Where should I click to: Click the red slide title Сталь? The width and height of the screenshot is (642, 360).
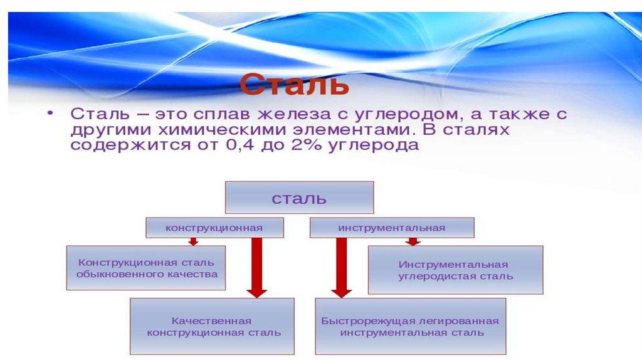pos(293,84)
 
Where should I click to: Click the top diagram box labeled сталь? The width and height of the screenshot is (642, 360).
pos(299,198)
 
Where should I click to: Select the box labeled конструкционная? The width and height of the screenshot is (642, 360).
pos(214,228)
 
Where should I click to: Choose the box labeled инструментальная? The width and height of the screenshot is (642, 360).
pos(392,228)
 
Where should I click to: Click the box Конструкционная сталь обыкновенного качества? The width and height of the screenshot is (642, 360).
pos(146,268)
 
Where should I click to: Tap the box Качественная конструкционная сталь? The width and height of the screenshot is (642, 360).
pos(212,326)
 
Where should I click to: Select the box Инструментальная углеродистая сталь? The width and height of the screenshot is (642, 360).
pos(455,270)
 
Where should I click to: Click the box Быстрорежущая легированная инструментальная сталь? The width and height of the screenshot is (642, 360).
pos(410,326)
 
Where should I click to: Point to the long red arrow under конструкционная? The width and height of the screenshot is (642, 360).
pos(256,267)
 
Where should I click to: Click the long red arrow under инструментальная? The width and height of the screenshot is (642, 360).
pos(341,267)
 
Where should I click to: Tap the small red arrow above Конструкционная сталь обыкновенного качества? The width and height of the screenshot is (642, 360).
pos(193,241)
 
